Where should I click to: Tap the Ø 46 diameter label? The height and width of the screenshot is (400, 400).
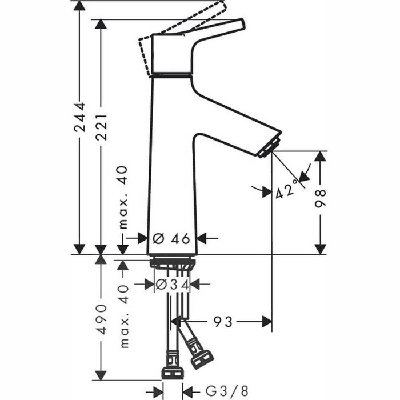tap(172, 238)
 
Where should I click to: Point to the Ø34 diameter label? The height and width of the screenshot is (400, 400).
tap(172, 284)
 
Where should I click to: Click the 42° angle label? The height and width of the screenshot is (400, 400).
tap(287, 189)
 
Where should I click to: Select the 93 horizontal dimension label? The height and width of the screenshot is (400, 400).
tap(224, 322)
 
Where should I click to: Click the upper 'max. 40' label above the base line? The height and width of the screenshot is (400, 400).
tap(123, 197)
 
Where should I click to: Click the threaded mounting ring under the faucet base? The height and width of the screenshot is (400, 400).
tap(173, 263)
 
